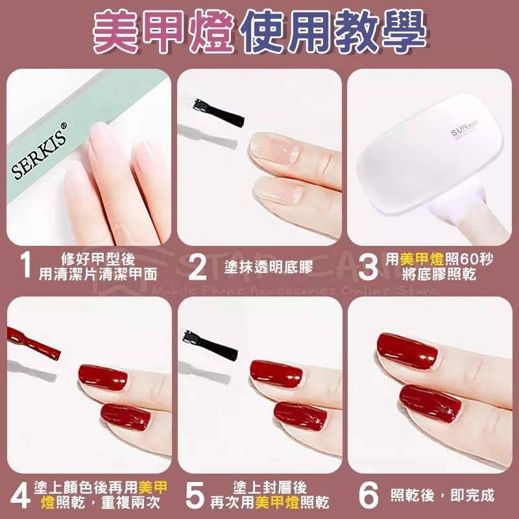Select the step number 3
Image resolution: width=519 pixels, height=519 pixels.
click(x=367, y=266)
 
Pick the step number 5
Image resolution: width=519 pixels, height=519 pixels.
click(x=195, y=494)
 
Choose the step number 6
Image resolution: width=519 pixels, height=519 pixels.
click(x=368, y=494)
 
